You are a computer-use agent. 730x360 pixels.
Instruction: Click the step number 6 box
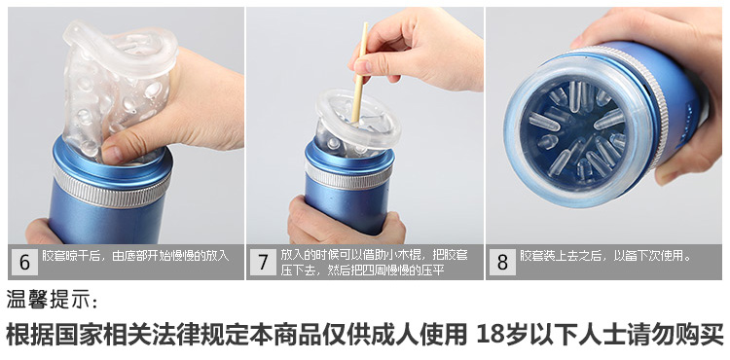[24, 262]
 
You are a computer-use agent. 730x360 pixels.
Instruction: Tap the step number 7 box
[264, 262]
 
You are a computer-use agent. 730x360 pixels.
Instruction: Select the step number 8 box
[502, 262]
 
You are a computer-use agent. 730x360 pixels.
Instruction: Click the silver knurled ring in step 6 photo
[111, 187]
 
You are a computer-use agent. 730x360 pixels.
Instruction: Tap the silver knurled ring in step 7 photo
[349, 177]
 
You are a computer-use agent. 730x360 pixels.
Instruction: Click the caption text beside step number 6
[135, 255]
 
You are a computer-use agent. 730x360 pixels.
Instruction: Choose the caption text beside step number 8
[605, 255]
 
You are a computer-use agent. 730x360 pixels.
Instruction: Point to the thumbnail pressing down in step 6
[114, 151]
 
